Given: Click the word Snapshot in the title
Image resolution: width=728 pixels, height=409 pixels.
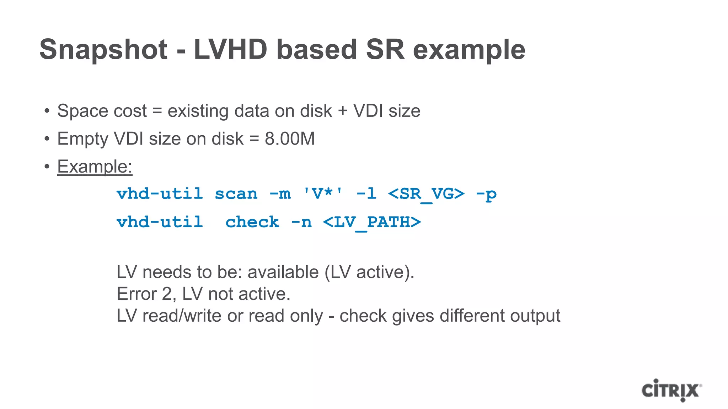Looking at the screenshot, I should tap(103, 50).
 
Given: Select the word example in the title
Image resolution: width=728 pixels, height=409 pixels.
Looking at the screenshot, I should tap(469, 50).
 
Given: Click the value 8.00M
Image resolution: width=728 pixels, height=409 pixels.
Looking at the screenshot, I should tap(290, 139).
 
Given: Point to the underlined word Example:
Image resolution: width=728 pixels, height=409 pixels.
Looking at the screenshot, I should tap(95, 167).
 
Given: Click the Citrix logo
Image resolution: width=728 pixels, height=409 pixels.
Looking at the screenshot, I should tap(671, 390).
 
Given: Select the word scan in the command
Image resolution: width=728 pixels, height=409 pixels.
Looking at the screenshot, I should tap(236, 194).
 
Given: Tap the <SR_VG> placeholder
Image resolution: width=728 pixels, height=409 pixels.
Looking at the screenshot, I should tap(426, 194).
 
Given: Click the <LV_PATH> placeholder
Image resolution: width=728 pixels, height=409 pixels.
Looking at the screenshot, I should tap(372, 223).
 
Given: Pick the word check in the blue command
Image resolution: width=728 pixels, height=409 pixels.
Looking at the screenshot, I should tap(252, 222).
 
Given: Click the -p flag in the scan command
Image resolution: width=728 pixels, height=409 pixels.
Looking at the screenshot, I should tap(486, 194).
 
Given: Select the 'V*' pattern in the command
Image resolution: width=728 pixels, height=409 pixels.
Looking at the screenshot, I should tap(323, 194).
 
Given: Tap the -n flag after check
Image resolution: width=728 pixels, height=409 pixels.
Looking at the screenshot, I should tap(301, 222).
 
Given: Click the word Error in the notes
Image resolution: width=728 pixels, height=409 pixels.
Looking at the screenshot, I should tap(136, 294).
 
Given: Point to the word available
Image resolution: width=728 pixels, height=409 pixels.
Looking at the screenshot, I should tap(283, 272).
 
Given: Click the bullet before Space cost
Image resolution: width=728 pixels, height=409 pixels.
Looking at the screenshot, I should tap(47, 111).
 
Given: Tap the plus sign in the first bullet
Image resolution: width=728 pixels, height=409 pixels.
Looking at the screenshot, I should tap(343, 111).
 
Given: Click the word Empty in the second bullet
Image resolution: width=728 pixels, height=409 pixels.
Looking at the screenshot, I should tap(82, 139).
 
